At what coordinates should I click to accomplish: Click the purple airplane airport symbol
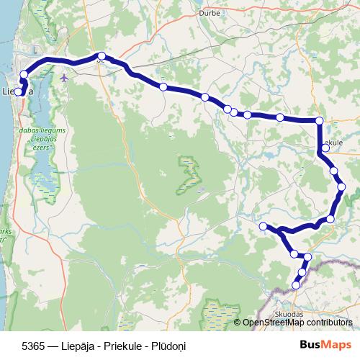click(65, 76)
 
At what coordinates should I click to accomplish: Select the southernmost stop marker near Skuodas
click(296, 286)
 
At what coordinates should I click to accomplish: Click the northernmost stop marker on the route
click(102, 56)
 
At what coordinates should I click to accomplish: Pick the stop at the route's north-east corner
click(320, 121)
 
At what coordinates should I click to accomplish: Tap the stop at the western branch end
click(264, 227)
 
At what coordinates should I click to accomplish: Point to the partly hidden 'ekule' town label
click(332, 143)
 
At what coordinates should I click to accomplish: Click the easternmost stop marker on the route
click(341, 187)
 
